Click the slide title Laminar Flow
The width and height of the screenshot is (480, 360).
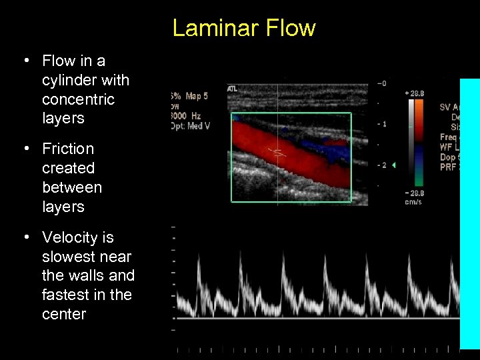coord(243,28)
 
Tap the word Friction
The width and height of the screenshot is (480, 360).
coord(68,149)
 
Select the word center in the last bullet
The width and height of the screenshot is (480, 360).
coord(64,314)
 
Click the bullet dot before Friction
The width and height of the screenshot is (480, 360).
coord(25,149)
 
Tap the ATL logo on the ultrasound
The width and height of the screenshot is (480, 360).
coord(233,88)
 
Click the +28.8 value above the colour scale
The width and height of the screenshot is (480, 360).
coord(415,94)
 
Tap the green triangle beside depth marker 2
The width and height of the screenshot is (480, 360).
coord(393,165)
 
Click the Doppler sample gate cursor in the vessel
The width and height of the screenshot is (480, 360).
coord(275,151)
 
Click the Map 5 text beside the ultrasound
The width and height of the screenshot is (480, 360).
coord(197,96)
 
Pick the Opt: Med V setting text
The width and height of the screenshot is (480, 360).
coord(191,126)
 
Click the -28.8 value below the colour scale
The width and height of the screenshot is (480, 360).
coord(415,193)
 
